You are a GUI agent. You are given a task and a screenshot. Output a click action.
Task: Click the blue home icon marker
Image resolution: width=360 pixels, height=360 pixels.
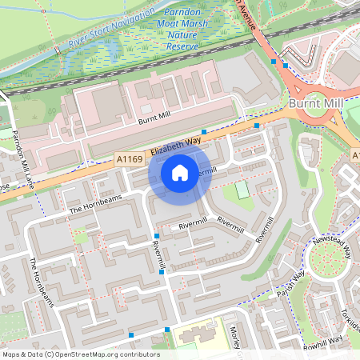[180, 173]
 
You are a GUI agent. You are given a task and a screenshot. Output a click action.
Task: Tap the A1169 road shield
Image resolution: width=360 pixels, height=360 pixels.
[130, 160]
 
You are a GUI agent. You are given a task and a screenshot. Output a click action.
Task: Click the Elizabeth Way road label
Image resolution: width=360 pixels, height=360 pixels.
[175, 145]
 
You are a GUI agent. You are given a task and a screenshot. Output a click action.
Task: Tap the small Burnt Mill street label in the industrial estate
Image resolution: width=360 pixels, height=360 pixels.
[154, 121]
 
